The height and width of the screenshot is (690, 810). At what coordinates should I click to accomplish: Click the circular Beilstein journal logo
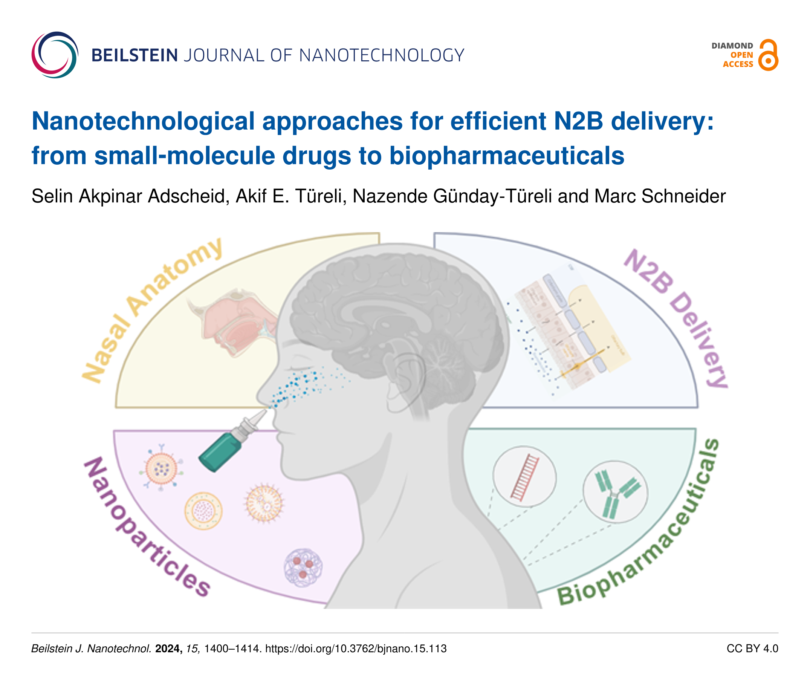(x=55, y=55)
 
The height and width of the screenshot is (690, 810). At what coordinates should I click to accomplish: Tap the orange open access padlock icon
(x=768, y=55)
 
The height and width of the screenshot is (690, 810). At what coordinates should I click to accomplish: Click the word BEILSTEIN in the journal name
(x=135, y=55)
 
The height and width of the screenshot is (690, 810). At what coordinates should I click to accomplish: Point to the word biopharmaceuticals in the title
(x=507, y=156)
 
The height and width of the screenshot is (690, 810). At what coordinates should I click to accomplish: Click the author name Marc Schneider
(x=660, y=196)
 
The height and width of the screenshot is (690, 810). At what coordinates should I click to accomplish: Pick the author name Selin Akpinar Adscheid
(x=130, y=196)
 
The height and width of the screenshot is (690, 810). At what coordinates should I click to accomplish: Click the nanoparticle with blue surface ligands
(x=161, y=468)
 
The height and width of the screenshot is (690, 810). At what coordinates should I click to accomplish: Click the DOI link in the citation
(x=356, y=649)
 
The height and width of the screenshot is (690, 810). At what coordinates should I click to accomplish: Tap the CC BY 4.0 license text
(x=752, y=649)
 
